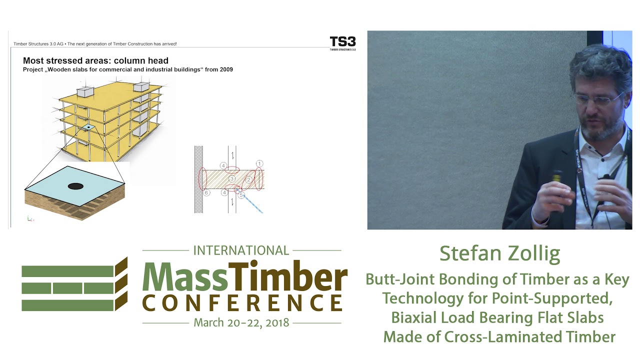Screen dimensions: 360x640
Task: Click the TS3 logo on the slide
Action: [342, 42]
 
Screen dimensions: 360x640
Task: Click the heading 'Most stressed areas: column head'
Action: [95, 61]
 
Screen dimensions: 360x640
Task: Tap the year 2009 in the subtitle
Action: [224, 69]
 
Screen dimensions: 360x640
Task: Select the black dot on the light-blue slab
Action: [75, 186]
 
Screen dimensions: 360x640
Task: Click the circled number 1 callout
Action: [259, 163]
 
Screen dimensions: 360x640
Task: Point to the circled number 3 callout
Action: [231, 179]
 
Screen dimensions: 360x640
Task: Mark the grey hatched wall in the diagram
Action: [198, 179]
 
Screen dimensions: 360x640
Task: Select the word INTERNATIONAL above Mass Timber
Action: [241, 250]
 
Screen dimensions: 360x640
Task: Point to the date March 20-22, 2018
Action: [241, 322]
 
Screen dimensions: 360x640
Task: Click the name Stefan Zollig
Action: [499, 253]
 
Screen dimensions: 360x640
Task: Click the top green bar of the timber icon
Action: [67, 271]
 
